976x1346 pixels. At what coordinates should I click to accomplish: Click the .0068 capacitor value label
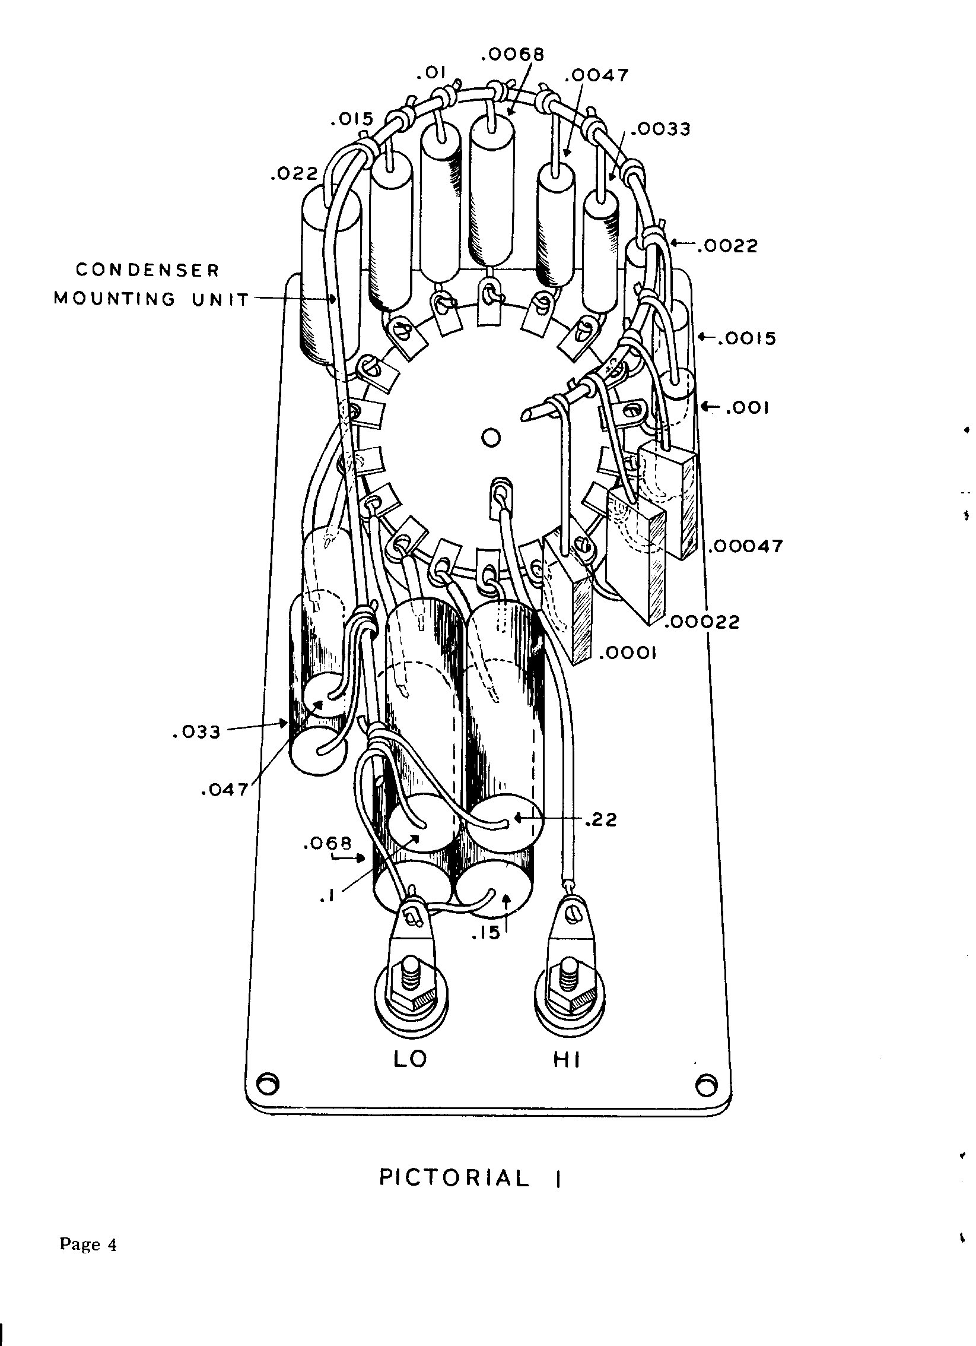513,55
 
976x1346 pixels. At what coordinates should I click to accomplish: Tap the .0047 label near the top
596,75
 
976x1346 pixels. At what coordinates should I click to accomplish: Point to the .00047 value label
745,546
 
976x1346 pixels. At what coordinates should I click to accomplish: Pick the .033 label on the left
196,732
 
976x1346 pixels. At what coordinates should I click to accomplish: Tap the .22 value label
600,820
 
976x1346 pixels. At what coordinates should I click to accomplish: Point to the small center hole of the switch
491,438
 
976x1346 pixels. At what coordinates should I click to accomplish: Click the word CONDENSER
148,271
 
